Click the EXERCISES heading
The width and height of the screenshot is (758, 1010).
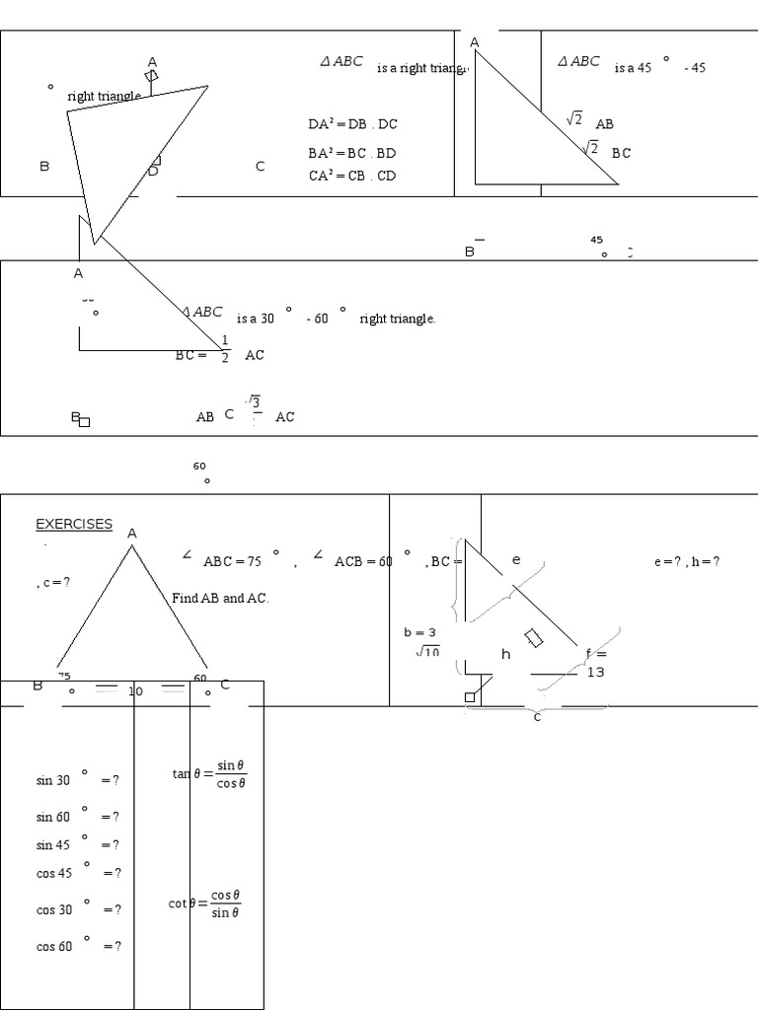74,524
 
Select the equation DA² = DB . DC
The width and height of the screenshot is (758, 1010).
352,124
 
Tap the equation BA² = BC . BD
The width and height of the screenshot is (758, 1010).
351,153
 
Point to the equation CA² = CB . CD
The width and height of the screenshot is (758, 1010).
351,176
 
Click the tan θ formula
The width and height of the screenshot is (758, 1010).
209,774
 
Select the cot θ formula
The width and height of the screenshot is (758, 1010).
205,903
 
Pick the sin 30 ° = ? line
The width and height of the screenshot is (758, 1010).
77,779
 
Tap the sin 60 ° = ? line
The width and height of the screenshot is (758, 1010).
77,816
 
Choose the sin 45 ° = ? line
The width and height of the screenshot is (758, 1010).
77,844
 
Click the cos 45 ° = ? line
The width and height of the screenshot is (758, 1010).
78,872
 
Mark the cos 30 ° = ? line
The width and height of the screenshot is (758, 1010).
78,909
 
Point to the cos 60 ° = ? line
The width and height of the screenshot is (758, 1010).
78,946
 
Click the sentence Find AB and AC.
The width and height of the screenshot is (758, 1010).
220,598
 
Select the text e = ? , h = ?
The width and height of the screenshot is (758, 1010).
686,561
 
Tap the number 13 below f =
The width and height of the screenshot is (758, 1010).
595,672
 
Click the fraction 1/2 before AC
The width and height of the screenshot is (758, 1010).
225,348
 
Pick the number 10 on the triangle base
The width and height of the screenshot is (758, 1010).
135,690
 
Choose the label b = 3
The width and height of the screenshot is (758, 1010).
419,632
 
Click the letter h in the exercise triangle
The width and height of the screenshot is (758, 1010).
506,654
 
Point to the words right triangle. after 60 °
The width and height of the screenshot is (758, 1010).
397,319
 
